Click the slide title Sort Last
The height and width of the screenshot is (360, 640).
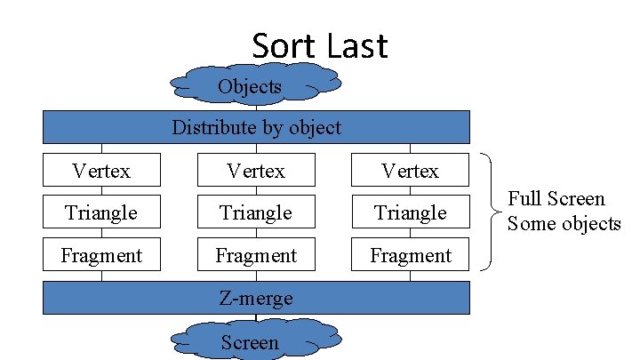pos(320,45)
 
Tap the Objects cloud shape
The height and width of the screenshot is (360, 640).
pos(250,85)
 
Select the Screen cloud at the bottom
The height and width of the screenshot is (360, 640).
pos(250,341)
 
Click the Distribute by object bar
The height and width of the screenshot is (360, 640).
pos(256,126)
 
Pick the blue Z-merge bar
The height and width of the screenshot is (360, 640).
pos(256,299)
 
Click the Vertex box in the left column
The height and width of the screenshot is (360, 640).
pos(101,170)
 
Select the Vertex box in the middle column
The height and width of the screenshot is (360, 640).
pos(256,170)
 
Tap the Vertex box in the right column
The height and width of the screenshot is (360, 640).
pos(410,170)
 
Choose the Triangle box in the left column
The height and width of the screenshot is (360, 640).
pos(101,212)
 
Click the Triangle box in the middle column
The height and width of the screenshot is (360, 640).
pos(256,212)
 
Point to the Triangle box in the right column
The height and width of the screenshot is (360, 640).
pos(410,212)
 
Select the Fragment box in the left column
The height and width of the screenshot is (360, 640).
pos(101,255)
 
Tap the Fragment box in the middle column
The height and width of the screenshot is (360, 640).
pos(256,255)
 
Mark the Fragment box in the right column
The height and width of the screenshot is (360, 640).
pos(410,255)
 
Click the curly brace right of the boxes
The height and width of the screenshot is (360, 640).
pos(488,212)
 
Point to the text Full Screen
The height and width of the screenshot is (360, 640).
pos(556,199)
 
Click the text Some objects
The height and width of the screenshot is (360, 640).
pos(564,223)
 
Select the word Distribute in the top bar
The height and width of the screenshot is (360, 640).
pos(212,127)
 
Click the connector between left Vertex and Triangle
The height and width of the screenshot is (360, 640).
pos(101,191)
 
